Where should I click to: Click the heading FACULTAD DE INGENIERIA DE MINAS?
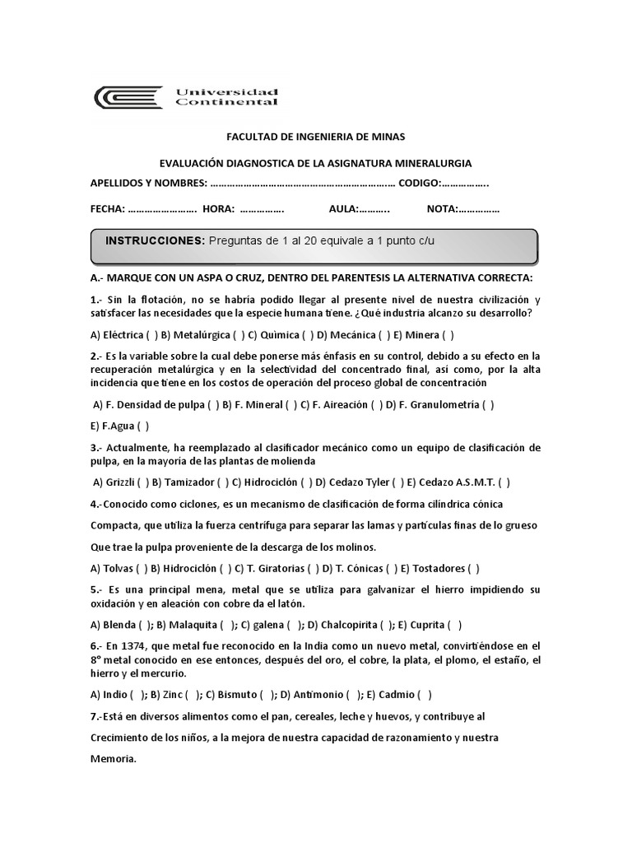coord(315,136)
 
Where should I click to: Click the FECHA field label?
coord(107,209)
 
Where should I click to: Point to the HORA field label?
coord(219,209)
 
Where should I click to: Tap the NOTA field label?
coord(442,209)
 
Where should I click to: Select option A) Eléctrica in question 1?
coord(124,334)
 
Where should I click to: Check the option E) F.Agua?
coord(120,426)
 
